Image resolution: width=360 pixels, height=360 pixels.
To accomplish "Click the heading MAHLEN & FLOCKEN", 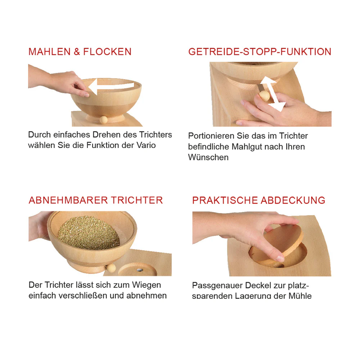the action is tap(80, 51).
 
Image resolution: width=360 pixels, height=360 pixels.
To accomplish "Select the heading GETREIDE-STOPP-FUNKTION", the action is tap(260, 51).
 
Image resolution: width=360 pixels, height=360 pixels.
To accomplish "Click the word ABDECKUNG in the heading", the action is tap(293, 201).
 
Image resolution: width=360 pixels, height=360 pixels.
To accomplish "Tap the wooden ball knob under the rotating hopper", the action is tap(104, 120).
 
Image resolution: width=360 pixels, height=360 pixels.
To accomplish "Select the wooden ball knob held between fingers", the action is tap(264, 96).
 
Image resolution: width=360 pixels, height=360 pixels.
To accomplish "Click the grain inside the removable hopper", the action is tap(89, 233).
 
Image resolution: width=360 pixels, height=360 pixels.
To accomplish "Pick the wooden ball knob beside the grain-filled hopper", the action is tap(111, 268).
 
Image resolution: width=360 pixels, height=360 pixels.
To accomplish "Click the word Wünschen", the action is tap(208, 157).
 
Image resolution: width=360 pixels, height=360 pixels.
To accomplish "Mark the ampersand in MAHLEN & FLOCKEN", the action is tap(77, 51).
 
